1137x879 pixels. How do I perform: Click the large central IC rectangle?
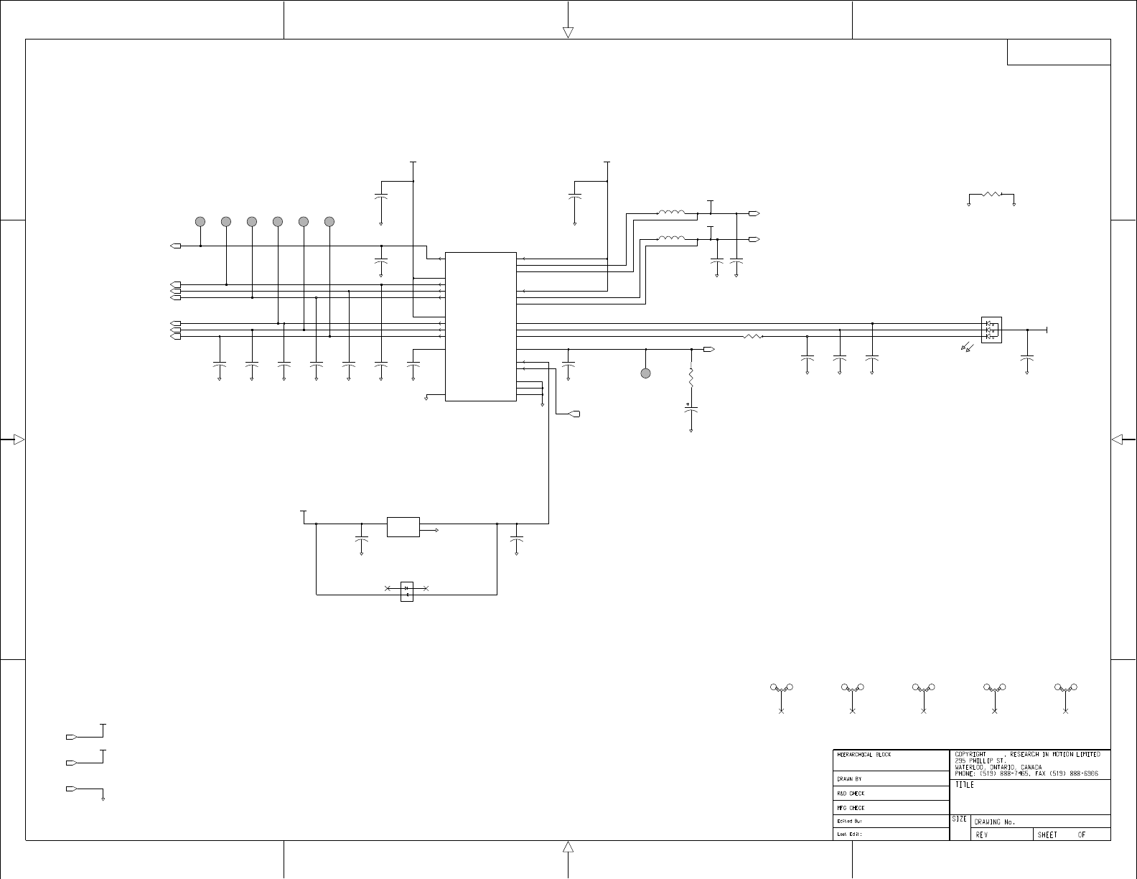tap(480, 326)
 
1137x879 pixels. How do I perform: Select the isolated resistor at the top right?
tap(991, 194)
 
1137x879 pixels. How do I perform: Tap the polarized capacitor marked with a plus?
tap(691, 409)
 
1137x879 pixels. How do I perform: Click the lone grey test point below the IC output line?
tap(646, 373)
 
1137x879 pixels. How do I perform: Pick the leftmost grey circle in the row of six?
tap(200, 221)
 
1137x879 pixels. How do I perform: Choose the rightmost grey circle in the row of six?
tap(329, 221)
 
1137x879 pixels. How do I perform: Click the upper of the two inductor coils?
tap(670, 213)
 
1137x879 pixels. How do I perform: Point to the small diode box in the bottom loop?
tap(407, 591)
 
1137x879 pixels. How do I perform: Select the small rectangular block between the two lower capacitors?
tap(403, 526)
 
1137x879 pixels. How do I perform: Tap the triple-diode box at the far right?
tap(991, 330)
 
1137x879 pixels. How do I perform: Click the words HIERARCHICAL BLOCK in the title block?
tap(864, 755)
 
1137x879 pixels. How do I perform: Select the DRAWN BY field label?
tap(849, 778)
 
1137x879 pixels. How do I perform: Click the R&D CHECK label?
tap(851, 794)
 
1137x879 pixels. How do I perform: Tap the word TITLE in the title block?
tap(964, 785)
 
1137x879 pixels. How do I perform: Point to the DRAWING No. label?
tap(994, 822)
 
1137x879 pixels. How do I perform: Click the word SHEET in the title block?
tap(1047, 834)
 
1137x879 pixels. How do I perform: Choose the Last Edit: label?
tap(849, 834)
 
